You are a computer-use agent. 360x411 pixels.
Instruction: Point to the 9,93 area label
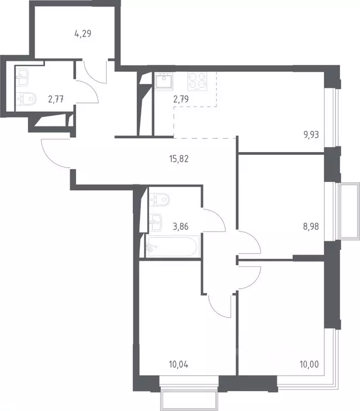[311, 134]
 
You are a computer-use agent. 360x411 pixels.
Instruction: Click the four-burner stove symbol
[197, 80]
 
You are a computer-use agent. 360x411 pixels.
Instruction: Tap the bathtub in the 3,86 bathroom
[172, 247]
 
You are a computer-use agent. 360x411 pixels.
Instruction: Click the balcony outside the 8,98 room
[350, 210]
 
